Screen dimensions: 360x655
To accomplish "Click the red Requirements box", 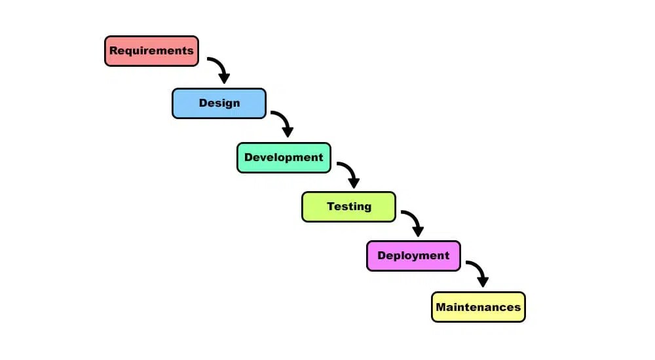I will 151,51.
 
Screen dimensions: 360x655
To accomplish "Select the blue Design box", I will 219,103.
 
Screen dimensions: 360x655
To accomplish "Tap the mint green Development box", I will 284,158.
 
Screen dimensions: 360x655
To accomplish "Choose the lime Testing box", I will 348,207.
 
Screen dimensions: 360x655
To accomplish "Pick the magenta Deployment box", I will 413,256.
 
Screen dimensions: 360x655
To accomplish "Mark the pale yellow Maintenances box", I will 478,307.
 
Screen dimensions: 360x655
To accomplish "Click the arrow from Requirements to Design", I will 219,68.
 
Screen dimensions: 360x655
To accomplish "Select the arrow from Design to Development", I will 283,122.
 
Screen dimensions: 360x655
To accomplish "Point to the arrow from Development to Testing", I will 349,173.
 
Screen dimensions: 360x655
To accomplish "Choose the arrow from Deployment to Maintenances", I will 478,272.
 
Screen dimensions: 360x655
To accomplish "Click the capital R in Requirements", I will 113,50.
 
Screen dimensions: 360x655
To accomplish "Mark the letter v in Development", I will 266,158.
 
